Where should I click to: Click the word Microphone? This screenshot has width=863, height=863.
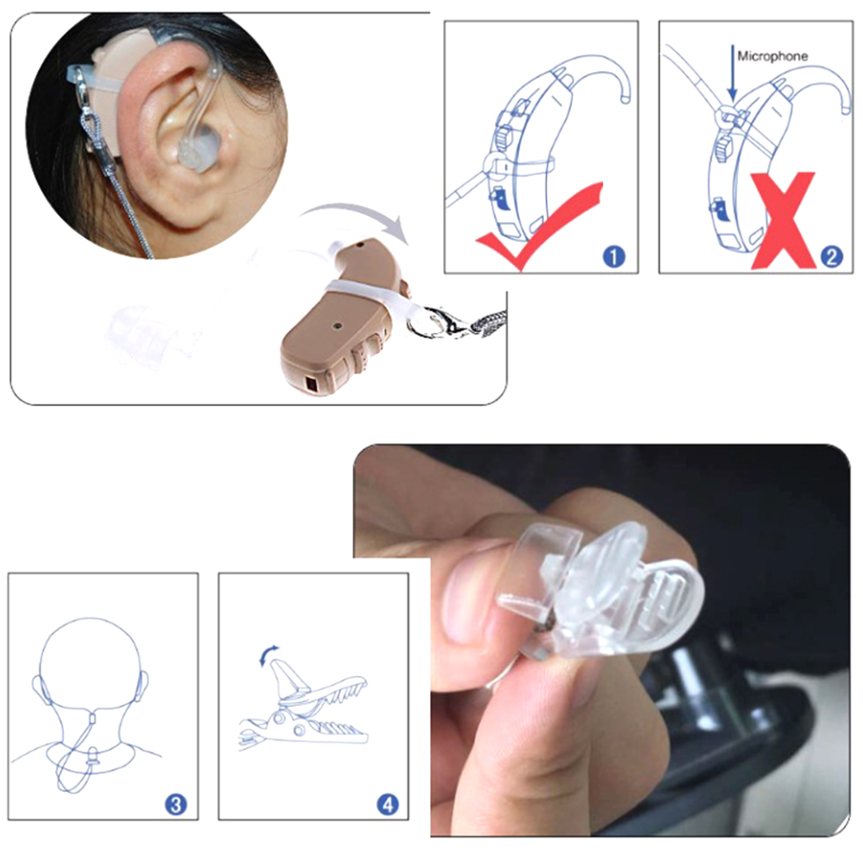click(x=772, y=56)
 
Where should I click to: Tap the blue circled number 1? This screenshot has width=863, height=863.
click(x=613, y=256)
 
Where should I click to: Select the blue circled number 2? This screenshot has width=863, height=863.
click(x=831, y=256)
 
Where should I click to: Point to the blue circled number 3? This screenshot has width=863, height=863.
click(x=176, y=805)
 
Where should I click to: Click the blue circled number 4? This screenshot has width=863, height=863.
click(x=387, y=805)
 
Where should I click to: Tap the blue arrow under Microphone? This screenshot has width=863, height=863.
click(x=732, y=73)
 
